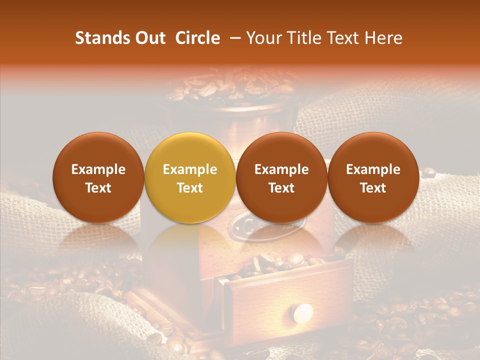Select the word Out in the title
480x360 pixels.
[x=148, y=38]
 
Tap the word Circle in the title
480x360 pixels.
[x=197, y=38]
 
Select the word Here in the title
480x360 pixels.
[x=384, y=38]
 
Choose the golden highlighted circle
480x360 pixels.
[x=190, y=177]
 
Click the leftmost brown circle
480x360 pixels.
[x=98, y=177]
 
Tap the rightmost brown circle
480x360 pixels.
[x=373, y=177]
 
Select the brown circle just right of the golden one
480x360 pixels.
[x=281, y=177]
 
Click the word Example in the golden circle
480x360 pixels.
[x=190, y=169]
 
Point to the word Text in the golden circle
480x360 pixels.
[x=190, y=188]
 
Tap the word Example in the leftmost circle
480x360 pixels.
[x=98, y=169]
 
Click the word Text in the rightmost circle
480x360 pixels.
[x=373, y=188]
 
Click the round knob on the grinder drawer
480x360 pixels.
[x=302, y=313]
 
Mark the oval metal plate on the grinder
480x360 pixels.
[x=260, y=227]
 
